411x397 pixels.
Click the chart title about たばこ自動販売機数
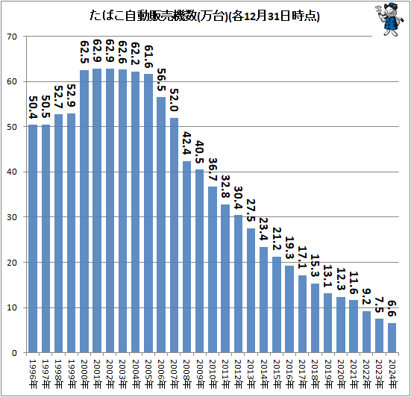pos(204,16)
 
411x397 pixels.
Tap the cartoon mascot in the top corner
pos(389,19)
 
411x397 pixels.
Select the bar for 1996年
pos(33,239)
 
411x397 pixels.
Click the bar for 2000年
pos(84,211)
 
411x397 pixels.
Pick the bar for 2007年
pos(174,235)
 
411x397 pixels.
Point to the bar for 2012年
pos(238,284)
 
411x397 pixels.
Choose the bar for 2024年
pos(392,338)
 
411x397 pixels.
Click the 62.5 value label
pos(84,52)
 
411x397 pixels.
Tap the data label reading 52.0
pos(175,100)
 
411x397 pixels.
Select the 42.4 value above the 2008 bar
pos(187,143)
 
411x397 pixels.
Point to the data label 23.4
pos(264,229)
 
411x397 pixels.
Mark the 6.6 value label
pos(392,309)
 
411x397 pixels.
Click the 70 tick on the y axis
pos(12,37)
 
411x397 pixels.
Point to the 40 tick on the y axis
pos(12,172)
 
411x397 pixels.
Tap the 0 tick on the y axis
pos(14,353)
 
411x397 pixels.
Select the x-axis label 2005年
pos(148,374)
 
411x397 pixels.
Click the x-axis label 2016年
pos(289,374)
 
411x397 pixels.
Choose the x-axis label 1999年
pos(72,374)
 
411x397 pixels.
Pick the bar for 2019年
pos(327,323)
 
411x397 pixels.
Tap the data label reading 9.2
pos(367,297)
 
